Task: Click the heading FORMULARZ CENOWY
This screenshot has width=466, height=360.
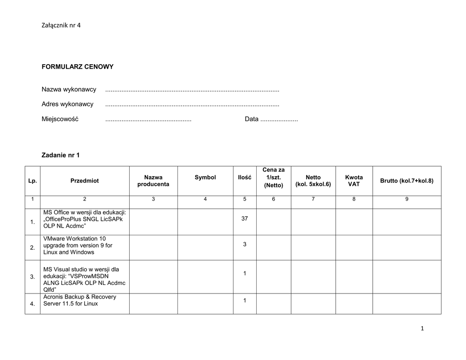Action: point(77,67)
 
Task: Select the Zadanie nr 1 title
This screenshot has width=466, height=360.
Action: point(61,155)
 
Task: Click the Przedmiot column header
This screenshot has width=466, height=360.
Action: point(85,181)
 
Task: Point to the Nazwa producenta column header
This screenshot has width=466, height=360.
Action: point(153,181)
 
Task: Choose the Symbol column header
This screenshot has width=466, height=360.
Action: point(205,177)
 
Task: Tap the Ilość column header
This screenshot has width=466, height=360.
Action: point(244,177)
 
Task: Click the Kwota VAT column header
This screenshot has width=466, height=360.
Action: point(354,181)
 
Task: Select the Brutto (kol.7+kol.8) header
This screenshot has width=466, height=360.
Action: point(407,181)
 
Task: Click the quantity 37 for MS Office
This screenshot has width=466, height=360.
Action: point(244,219)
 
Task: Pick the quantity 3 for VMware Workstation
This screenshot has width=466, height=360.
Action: point(244,244)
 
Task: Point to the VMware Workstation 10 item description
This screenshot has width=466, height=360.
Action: point(78,245)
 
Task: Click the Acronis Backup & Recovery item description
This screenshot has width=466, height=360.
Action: point(80,300)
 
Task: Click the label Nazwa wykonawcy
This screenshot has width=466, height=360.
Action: point(69,89)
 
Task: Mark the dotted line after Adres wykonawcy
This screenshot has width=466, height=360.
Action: point(192,105)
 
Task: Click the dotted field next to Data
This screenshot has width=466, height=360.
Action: point(279,120)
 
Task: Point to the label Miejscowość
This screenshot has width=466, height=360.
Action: point(60,119)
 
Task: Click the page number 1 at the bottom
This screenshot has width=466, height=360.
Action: point(422,329)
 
